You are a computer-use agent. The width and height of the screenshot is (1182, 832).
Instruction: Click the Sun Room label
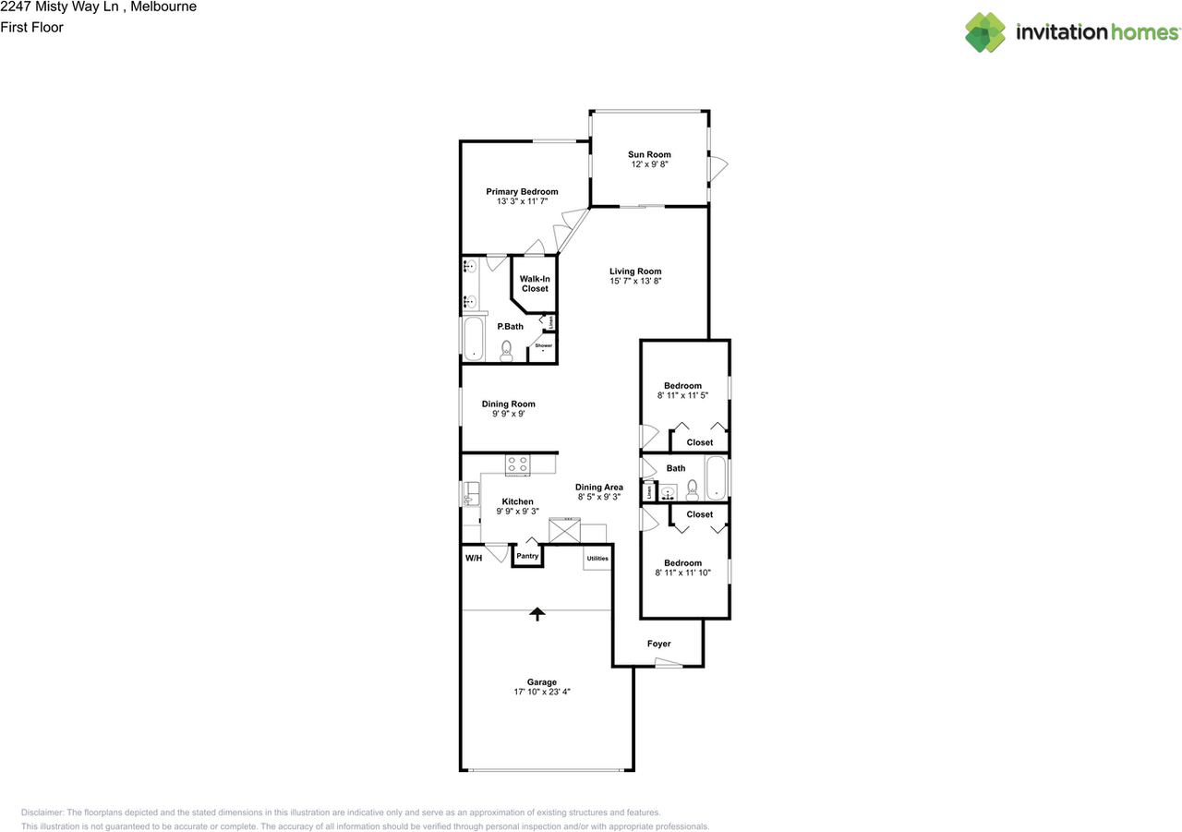[x=649, y=154]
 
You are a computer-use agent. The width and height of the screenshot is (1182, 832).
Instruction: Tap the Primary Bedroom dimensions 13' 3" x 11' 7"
[x=522, y=201]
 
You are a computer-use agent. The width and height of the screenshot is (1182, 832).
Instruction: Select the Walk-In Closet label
[x=534, y=283]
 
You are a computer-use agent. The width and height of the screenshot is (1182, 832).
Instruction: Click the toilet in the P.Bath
[x=506, y=349]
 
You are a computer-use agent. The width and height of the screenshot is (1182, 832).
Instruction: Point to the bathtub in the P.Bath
[x=474, y=338]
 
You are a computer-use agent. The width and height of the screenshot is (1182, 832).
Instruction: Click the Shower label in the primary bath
[x=544, y=345]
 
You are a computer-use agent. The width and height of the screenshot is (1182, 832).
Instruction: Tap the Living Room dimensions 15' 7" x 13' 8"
[x=635, y=281]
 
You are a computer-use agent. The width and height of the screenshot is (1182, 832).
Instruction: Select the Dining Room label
[x=508, y=404]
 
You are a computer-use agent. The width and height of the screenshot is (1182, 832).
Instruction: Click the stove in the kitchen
[x=517, y=465]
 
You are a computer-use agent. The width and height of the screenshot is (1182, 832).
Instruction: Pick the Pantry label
[x=527, y=556]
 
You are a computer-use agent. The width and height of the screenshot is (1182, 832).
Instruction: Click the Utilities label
[x=597, y=558]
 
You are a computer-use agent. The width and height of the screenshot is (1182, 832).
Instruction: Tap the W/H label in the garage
[x=473, y=558]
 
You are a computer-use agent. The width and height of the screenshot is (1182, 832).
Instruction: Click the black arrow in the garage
[x=537, y=613]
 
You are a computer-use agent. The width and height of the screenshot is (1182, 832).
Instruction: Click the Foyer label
[x=658, y=644]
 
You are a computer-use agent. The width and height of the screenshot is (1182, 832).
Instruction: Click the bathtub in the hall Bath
[x=716, y=479]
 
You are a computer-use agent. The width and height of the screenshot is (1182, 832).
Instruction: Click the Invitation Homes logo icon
[x=985, y=32]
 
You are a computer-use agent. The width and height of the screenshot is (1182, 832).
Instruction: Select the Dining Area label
[x=598, y=487]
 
